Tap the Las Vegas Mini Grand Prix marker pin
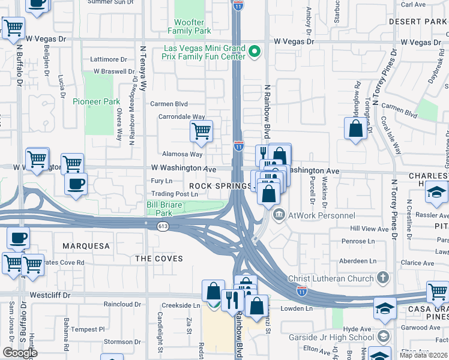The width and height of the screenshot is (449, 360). click(255, 51)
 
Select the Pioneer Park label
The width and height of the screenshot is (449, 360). click(97, 101)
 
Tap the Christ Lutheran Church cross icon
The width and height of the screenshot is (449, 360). click(382, 278)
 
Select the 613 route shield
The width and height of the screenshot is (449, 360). click(163, 226)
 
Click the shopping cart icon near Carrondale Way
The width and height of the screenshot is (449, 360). click(201, 131)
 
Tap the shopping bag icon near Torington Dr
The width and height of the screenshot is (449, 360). click(355, 128)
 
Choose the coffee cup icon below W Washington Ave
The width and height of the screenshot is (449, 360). click(76, 184)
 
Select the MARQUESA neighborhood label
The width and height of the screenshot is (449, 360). click(86, 246)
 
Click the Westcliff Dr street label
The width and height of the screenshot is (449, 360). click(50, 295)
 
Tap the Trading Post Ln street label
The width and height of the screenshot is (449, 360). click(174, 194)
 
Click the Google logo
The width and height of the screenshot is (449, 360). click(19, 352)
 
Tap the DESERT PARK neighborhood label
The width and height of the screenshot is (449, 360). click(418, 22)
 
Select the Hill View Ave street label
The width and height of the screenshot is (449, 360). click(370, 229)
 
